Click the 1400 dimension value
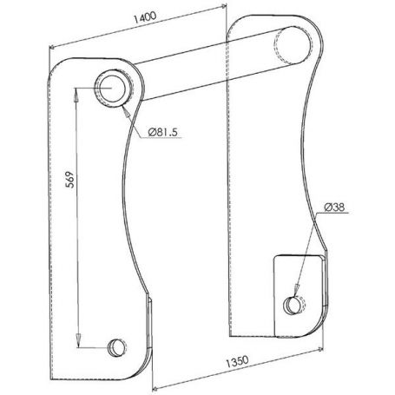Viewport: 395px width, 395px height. coord(145,17)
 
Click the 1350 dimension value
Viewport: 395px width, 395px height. coord(237,362)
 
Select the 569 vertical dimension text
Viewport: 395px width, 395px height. coord(70,180)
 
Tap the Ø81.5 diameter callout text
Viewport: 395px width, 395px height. coord(162,132)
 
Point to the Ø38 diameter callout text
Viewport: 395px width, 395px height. coord(334,207)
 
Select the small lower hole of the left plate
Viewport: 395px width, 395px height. coord(118,347)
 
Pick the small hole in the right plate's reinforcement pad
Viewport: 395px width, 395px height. coord(294,306)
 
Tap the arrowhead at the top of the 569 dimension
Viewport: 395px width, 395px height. coord(76,95)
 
